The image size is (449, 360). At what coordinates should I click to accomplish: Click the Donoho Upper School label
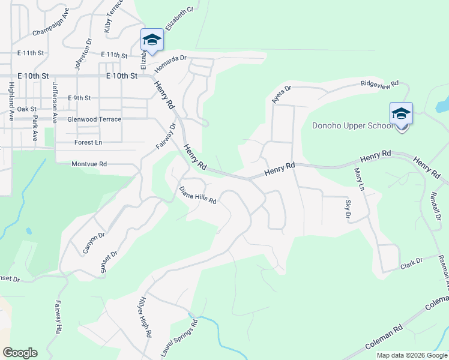(x=353, y=125)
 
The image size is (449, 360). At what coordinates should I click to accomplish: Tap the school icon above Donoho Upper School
(x=401, y=113)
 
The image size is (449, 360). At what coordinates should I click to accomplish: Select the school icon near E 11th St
(x=151, y=40)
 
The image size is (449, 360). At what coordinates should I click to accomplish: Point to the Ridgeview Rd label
(x=379, y=85)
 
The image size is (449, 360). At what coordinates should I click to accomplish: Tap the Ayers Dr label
(x=281, y=94)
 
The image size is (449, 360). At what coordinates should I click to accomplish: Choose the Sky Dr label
(x=348, y=209)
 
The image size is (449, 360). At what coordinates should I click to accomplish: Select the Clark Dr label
(x=411, y=263)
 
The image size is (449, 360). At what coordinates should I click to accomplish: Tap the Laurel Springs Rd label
(x=179, y=340)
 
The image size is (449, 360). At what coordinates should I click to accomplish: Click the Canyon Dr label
(x=94, y=242)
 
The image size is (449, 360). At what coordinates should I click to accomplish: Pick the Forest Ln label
(x=88, y=142)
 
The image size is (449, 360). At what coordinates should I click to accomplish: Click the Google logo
(x=20, y=353)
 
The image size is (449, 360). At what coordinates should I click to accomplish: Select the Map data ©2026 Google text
(x=412, y=355)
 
